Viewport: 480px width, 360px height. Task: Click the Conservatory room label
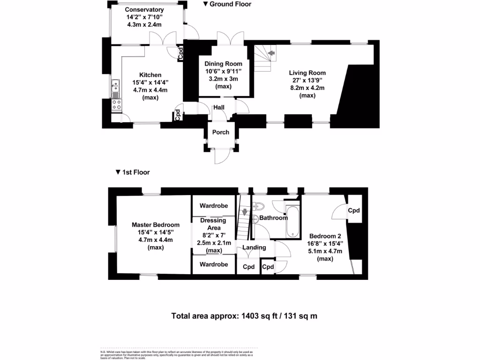(x=145, y=9)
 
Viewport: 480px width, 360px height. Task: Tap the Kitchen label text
(x=150, y=75)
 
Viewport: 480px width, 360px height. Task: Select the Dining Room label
(x=224, y=64)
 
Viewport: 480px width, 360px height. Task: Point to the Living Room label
(x=307, y=73)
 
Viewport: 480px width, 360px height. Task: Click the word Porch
(x=221, y=132)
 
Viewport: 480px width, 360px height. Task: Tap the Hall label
(x=219, y=108)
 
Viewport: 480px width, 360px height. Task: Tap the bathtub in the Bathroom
(x=292, y=220)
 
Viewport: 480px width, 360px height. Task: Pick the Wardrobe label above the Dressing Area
(x=214, y=206)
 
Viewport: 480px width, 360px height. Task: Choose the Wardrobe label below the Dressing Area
(x=214, y=264)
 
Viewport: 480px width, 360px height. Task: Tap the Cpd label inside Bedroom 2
(x=353, y=210)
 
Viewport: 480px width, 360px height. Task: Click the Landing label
(x=255, y=247)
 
